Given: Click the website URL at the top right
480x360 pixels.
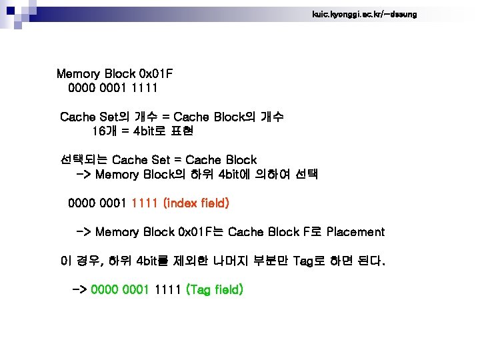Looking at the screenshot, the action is (x=364, y=14).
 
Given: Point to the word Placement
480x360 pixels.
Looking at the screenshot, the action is (x=355, y=232).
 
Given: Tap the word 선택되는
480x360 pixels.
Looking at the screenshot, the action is (x=83, y=160).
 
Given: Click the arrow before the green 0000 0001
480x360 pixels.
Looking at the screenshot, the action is (x=79, y=290).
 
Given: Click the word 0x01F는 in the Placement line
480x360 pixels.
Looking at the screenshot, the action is (x=201, y=232).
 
